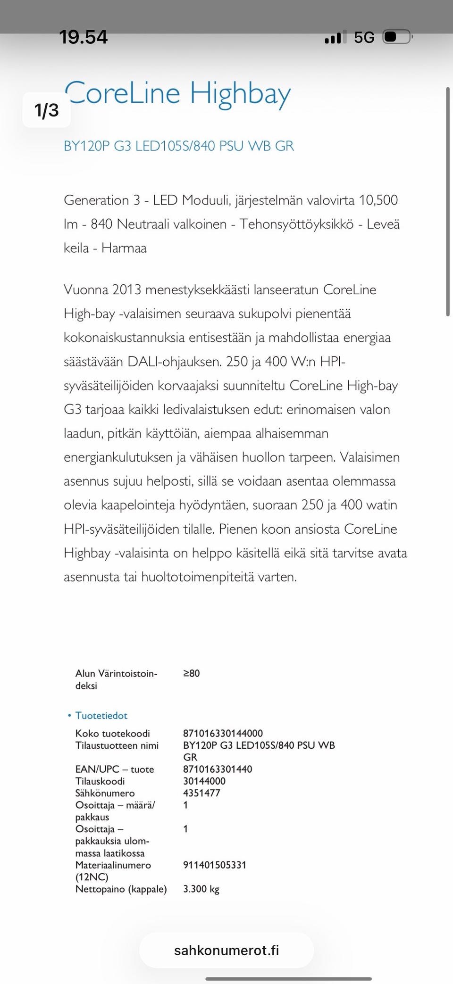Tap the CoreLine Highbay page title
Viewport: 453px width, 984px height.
click(177, 93)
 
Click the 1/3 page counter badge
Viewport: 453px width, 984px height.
click(47, 110)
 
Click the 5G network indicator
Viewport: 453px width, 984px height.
click(364, 37)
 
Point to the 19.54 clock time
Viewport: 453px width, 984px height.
click(84, 37)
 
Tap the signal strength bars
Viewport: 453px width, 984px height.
click(335, 37)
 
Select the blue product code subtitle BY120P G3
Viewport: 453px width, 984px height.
click(178, 146)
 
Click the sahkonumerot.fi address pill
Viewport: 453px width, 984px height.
click(226, 950)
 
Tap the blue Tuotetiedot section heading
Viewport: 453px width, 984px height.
click(101, 715)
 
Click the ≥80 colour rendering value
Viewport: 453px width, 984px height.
click(191, 673)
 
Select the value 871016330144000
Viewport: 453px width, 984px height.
click(223, 733)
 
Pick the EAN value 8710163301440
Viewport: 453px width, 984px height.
click(218, 769)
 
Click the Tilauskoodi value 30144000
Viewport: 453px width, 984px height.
click(204, 781)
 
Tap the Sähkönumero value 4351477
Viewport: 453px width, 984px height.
click(201, 793)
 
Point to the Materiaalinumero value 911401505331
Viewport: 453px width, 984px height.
click(215, 865)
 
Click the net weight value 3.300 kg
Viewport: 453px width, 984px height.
click(201, 889)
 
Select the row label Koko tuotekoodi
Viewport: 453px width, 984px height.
click(112, 733)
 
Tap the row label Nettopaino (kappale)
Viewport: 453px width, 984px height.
click(121, 889)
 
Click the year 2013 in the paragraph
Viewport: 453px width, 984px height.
click(126, 289)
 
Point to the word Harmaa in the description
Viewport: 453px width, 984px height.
click(124, 248)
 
